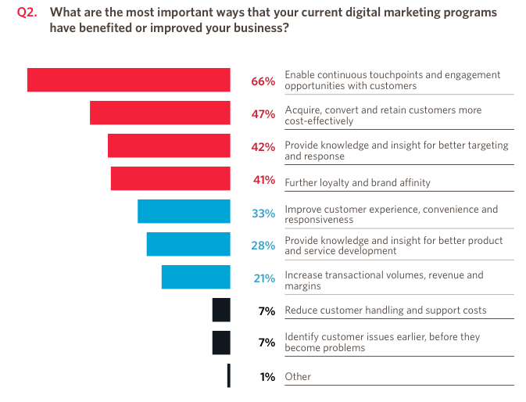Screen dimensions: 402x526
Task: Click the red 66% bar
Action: tap(129, 81)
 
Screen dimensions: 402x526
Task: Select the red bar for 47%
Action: tap(160, 113)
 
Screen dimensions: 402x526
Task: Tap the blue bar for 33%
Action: tap(184, 212)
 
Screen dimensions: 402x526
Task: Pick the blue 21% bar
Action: tap(195, 278)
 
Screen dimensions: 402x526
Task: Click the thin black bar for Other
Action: tap(229, 376)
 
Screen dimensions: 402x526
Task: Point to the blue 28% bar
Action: tap(188, 245)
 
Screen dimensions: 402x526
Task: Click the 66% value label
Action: tap(263, 81)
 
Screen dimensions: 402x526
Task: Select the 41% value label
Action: tap(263, 180)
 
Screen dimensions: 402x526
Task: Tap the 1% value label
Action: tap(267, 377)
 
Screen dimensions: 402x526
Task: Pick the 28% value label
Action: tap(263, 246)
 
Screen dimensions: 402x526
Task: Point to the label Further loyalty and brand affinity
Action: tap(357, 183)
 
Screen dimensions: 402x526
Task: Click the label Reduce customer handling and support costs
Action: tap(385, 310)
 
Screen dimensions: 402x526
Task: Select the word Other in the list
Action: tap(298, 376)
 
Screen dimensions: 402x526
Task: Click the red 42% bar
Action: tap(169, 146)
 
